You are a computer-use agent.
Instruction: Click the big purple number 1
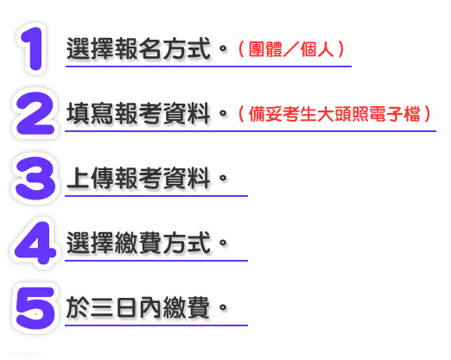tap(33, 49)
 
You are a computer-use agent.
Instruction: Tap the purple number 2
tap(35, 113)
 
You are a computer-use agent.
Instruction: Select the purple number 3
tap(35, 178)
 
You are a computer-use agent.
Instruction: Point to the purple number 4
tap(35, 243)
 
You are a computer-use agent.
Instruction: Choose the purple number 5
tap(35, 308)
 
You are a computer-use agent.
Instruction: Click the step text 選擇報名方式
tap(138, 49)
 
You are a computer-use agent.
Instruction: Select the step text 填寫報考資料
tap(138, 114)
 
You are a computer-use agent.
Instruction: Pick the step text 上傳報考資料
tap(138, 179)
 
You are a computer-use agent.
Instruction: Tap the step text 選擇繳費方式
tap(138, 243)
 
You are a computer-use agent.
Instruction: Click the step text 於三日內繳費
tap(138, 308)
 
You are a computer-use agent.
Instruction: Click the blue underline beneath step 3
tap(156, 196)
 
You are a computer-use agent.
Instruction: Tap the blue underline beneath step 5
tap(156, 325)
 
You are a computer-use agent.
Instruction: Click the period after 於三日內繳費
tap(223, 307)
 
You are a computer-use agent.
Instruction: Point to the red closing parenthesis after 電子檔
tap(427, 114)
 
